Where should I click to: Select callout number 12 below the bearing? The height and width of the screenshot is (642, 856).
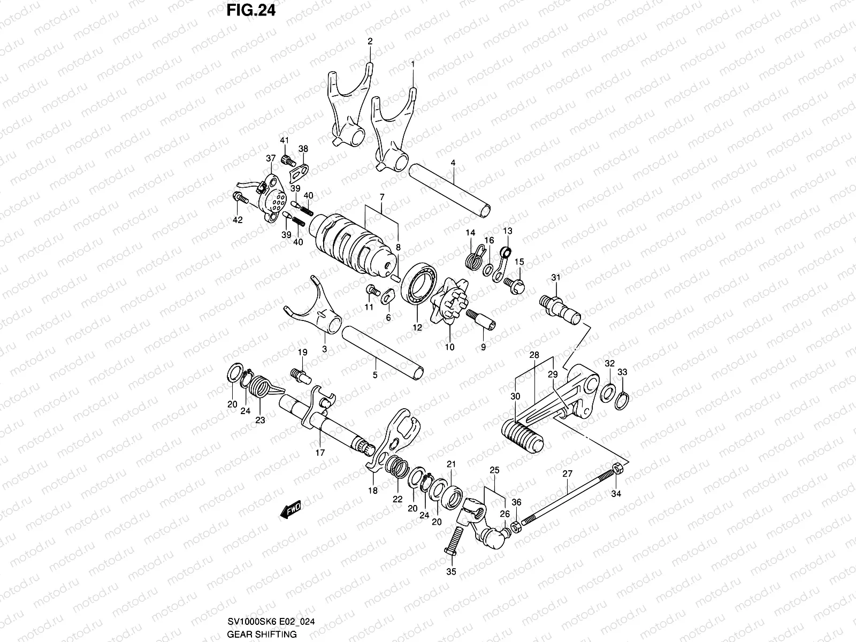pos(417,327)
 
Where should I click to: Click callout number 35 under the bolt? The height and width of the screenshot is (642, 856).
pos(451,571)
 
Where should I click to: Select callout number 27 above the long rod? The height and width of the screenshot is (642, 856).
pos(567,473)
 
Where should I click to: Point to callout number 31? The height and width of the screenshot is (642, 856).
pos(556,277)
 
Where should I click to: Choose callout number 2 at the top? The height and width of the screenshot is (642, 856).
pos(370,41)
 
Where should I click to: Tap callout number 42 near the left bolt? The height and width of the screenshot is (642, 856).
pos(238,220)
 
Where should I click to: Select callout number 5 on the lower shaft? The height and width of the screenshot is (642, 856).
pos(375,375)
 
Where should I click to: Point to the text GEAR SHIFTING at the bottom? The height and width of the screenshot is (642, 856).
pos(262,634)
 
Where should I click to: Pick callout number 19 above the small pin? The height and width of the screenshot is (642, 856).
pos(303,352)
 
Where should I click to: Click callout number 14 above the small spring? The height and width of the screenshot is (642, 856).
pos(470,232)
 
